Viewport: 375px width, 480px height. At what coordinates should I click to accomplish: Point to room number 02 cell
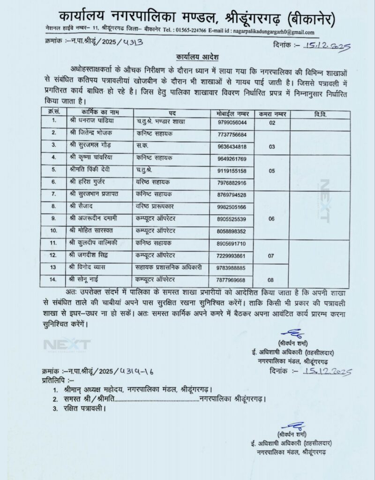pyautogui.click(x=271, y=122)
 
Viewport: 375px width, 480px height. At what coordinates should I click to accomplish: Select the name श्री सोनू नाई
pyautogui.click(x=87, y=279)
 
